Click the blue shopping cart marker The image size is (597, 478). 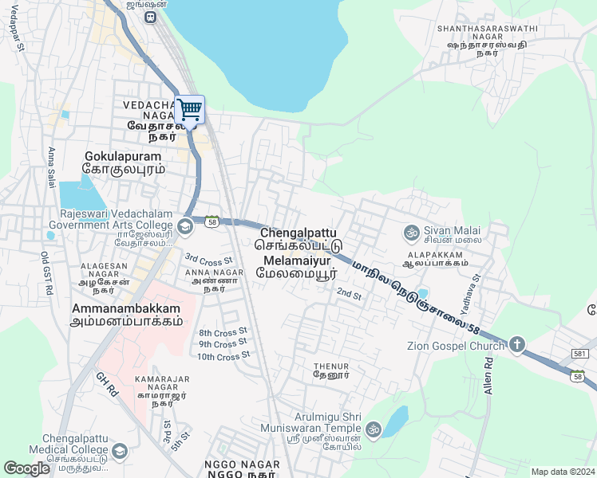click(x=189, y=110)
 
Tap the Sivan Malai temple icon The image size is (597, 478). click(x=412, y=233)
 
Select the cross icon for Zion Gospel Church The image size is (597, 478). click(x=516, y=345)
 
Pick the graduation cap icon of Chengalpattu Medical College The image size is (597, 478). click(x=120, y=452)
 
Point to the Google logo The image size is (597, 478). click(x=26, y=468)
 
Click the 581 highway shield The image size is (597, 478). click(x=581, y=353)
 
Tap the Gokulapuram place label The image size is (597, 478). click(x=124, y=157)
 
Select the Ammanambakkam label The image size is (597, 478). click(x=127, y=308)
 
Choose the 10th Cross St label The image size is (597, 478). click(x=224, y=356)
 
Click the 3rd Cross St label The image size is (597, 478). click(x=208, y=259)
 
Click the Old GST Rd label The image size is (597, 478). click(x=46, y=274)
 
